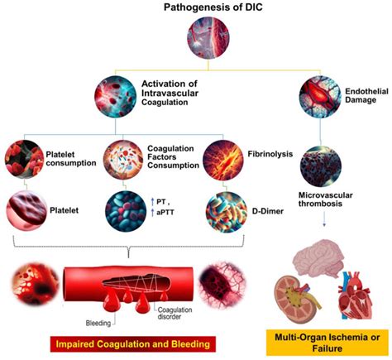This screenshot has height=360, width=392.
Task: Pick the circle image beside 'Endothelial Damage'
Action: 319,94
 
